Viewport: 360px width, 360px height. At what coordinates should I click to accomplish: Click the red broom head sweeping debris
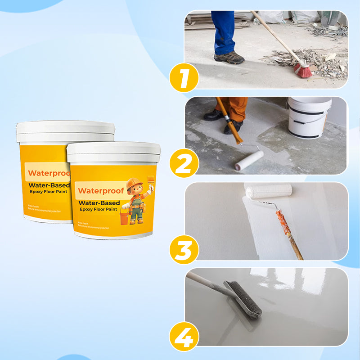[x=303, y=70]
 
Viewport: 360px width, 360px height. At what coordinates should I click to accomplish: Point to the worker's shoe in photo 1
[x=229, y=58]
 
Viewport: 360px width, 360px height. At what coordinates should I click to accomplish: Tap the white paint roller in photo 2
[x=249, y=160]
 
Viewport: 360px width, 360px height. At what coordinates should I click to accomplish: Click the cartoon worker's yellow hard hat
[x=134, y=184]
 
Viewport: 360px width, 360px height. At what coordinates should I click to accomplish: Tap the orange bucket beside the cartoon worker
[x=125, y=218]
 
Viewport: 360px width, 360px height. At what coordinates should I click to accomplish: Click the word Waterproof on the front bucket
[x=94, y=190]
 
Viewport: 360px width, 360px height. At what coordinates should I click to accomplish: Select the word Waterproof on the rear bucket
[x=47, y=173]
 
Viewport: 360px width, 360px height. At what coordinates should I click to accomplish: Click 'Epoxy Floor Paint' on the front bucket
[x=98, y=209]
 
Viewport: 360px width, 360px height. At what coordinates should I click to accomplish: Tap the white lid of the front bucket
[x=113, y=152]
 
